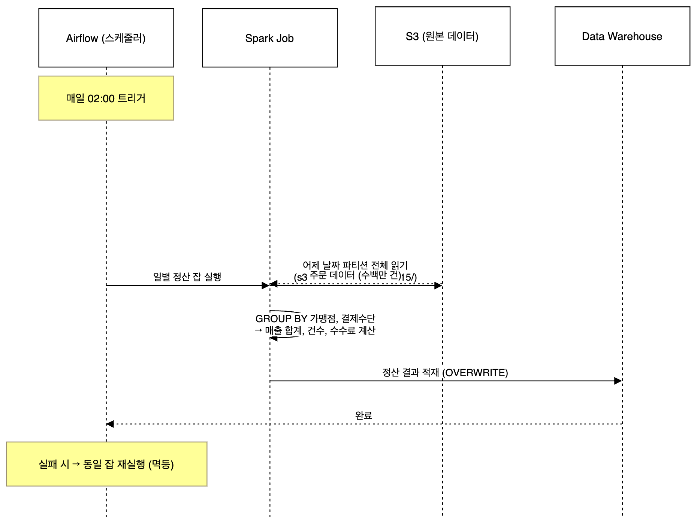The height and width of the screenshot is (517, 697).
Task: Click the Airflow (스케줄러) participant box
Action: click(106, 38)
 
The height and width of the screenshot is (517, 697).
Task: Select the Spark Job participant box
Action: click(269, 38)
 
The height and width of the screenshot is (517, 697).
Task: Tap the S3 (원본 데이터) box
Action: click(442, 36)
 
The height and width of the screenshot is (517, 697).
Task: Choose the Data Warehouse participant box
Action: click(622, 36)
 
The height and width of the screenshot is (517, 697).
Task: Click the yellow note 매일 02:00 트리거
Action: click(106, 98)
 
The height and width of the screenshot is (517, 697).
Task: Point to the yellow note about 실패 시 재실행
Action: click(106, 464)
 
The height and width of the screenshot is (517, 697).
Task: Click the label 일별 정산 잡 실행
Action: click(187, 276)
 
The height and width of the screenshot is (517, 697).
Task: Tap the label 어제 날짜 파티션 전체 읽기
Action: click(355, 265)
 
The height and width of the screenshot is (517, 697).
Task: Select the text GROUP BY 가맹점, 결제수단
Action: click(315, 318)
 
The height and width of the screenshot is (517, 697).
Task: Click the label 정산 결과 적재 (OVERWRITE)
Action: click(445, 372)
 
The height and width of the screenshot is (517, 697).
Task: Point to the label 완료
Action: click(363, 415)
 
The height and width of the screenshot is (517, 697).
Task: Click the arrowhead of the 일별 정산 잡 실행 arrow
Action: click(265, 285)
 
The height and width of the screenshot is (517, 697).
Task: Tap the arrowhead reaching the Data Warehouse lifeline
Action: click(618, 381)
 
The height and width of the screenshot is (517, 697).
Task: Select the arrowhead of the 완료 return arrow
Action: click(110, 424)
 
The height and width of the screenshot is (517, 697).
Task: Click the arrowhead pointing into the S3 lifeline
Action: click(438, 285)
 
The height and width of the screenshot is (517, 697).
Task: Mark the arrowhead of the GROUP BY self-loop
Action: click(274, 338)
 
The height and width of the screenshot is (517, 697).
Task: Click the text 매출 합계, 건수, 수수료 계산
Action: click(320, 330)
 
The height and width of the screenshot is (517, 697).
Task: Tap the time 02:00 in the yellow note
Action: click(101, 99)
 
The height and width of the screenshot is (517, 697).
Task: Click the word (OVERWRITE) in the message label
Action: click(475, 373)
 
